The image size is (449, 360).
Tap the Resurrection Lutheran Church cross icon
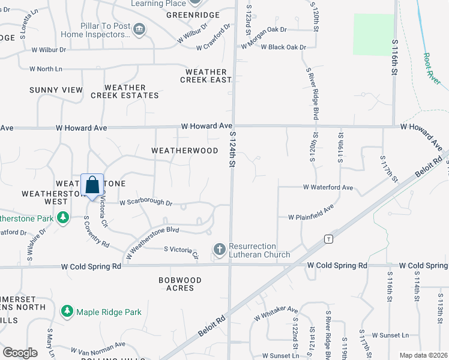point(220,248)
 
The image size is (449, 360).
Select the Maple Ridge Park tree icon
point(67,312)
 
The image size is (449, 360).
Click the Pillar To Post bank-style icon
point(139,29)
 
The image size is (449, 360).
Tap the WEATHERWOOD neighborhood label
point(185,151)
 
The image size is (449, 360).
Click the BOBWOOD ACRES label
point(176,284)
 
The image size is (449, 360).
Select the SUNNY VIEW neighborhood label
point(56,90)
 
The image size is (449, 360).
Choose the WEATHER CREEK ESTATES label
point(125,91)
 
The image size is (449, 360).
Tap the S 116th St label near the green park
point(395,58)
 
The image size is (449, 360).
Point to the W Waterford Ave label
point(328,187)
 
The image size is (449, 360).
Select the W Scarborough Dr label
point(146,203)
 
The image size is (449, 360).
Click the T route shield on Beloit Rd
point(328,239)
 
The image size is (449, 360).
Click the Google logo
point(20,353)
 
